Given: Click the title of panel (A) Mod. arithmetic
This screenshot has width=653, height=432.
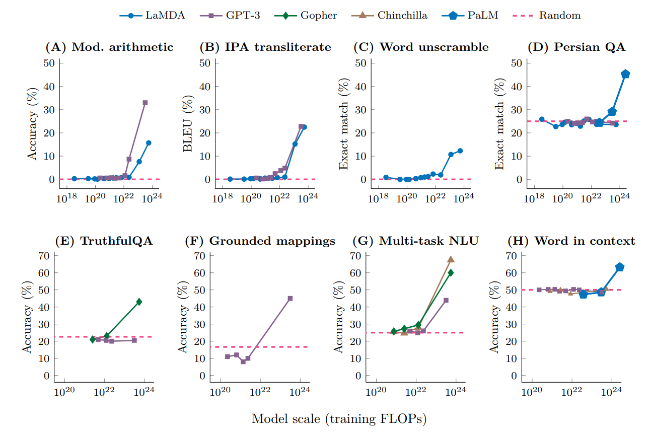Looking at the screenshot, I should click(x=109, y=47).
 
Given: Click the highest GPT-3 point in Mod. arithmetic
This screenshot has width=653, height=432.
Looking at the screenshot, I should click(x=145, y=102).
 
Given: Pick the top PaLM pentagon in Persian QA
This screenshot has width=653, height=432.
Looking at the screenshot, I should click(x=626, y=74).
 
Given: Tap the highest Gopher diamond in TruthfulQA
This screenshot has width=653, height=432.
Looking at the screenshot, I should click(x=139, y=302).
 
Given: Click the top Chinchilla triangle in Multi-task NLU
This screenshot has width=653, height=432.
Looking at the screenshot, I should click(x=451, y=259).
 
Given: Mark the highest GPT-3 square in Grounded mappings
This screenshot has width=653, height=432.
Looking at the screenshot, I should click(x=290, y=299).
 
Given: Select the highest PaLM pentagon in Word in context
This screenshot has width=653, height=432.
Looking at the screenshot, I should click(x=620, y=267).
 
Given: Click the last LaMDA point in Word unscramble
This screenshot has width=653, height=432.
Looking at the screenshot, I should click(x=460, y=151).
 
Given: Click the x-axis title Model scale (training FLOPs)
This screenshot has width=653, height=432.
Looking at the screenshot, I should click(x=339, y=418).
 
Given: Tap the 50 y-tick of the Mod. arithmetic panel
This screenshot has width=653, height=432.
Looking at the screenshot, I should click(x=49, y=63).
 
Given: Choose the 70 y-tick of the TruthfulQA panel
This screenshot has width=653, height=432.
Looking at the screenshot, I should click(x=44, y=256).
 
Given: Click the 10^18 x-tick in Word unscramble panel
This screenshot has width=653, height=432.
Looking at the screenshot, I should click(x=378, y=200).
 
